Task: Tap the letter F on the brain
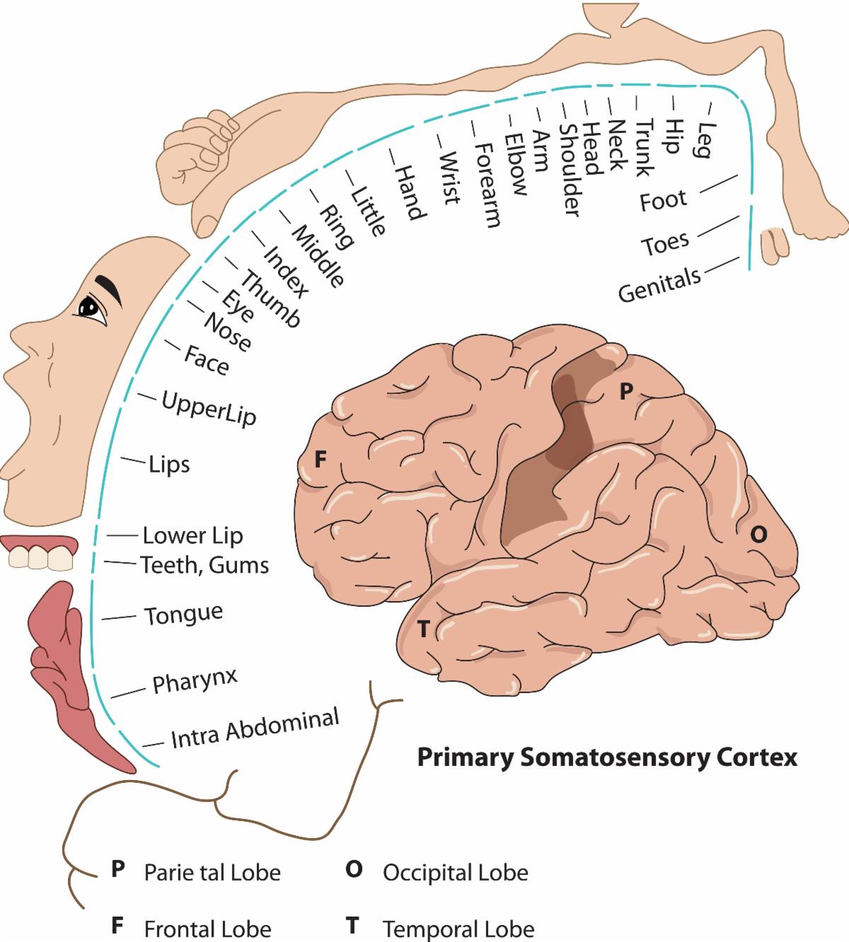pyautogui.click(x=320, y=460)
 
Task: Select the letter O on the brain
pyautogui.click(x=758, y=535)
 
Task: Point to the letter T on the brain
pyautogui.click(x=423, y=628)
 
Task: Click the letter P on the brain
pyautogui.click(x=625, y=391)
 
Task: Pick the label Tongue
pyautogui.click(x=184, y=614)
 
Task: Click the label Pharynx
pyautogui.click(x=195, y=680)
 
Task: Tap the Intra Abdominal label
pyautogui.click(x=255, y=728)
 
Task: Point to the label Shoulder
pyautogui.click(x=570, y=170)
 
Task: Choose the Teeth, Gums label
pyautogui.click(x=204, y=565)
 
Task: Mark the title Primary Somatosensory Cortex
pyautogui.click(x=607, y=757)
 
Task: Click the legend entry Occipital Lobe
pyautogui.click(x=455, y=872)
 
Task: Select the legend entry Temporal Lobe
pyautogui.click(x=458, y=928)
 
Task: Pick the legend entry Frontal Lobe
pyautogui.click(x=207, y=928)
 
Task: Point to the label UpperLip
pyautogui.click(x=209, y=408)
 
